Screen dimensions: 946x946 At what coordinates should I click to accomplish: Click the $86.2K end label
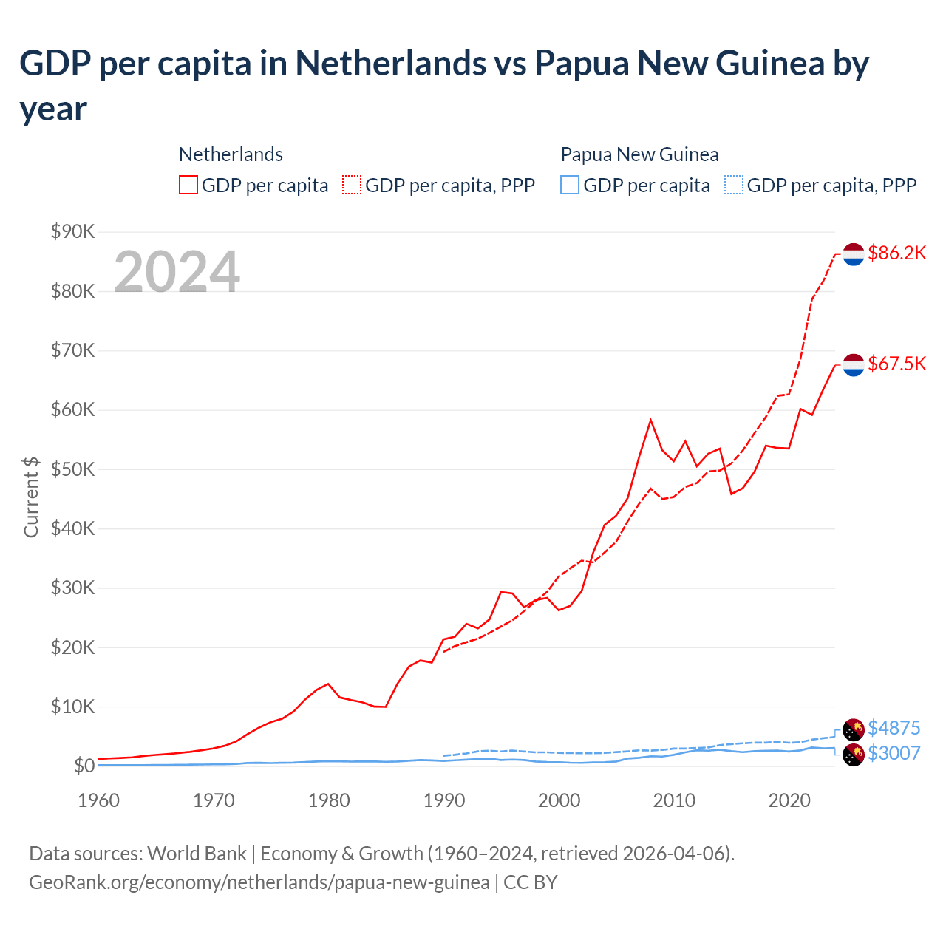[896, 253]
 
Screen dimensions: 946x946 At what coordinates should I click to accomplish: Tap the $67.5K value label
[896, 364]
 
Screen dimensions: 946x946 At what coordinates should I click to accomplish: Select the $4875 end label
[894, 728]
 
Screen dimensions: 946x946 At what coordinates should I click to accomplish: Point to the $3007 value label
[894, 753]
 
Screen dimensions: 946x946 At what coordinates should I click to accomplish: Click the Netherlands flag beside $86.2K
[854, 253]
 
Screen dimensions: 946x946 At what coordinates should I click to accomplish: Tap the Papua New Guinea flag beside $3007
[854, 755]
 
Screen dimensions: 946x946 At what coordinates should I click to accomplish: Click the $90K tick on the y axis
[73, 232]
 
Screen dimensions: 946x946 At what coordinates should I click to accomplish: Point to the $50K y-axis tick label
[73, 470]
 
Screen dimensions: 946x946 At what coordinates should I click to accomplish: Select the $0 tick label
[84, 766]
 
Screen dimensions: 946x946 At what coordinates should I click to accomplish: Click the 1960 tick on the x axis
[98, 800]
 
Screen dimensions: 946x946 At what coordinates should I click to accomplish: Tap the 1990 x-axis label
[443, 800]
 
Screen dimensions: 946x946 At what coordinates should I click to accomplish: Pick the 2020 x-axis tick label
[789, 800]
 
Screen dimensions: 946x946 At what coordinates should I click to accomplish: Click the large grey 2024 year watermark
[177, 272]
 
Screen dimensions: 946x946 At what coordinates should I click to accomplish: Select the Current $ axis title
[31, 497]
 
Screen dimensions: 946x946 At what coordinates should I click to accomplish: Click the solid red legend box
[188, 185]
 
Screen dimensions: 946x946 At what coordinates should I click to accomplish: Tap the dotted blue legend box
[734, 185]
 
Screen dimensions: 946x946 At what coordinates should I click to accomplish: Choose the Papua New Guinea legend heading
[639, 154]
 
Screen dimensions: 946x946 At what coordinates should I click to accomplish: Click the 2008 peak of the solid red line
[650, 421]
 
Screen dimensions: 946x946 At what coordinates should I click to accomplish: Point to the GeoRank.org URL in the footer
[259, 882]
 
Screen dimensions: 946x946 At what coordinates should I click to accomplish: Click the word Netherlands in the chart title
[391, 64]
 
